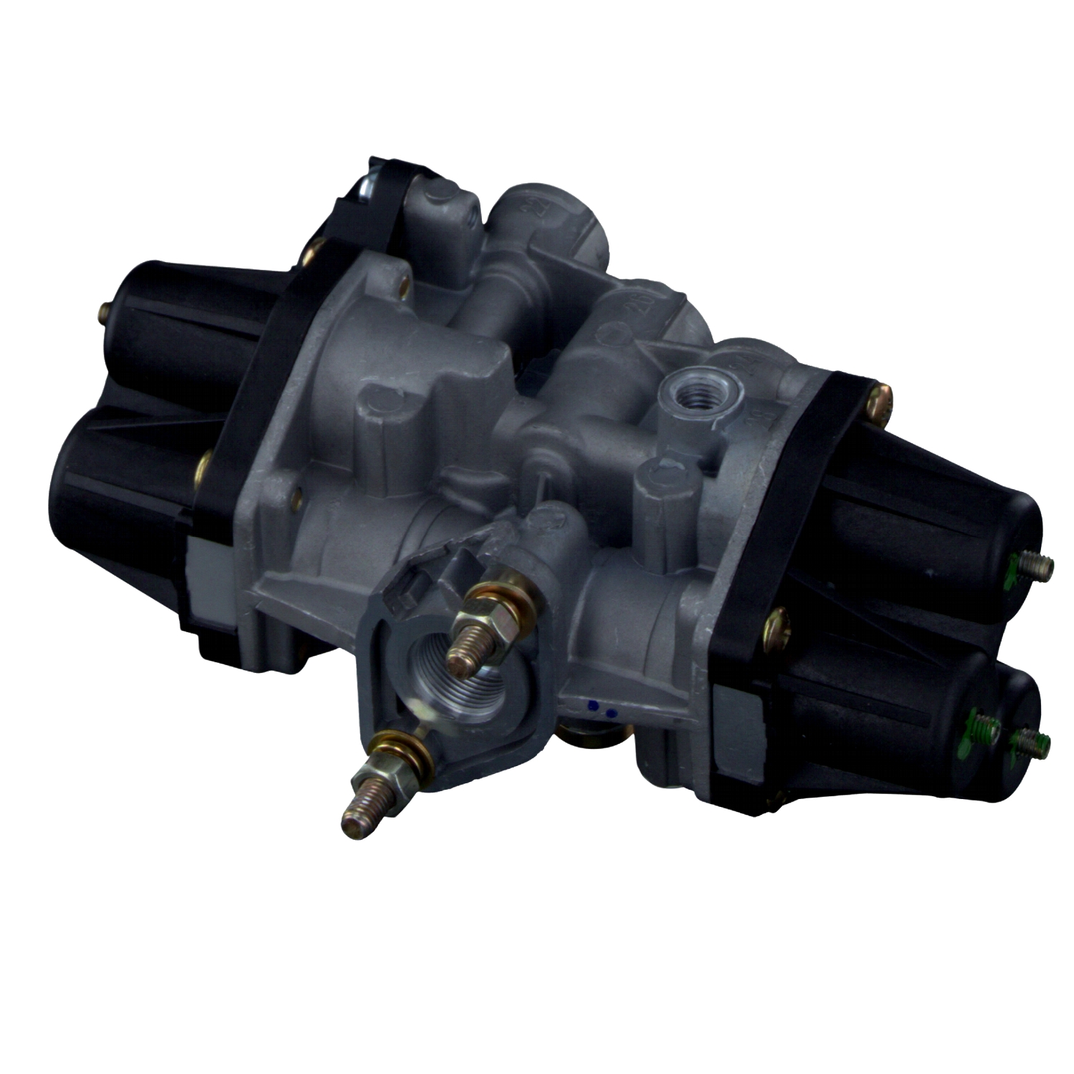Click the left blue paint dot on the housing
pyautogui.click(x=594, y=705)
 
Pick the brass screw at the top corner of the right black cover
pyautogui.click(x=881, y=398)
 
